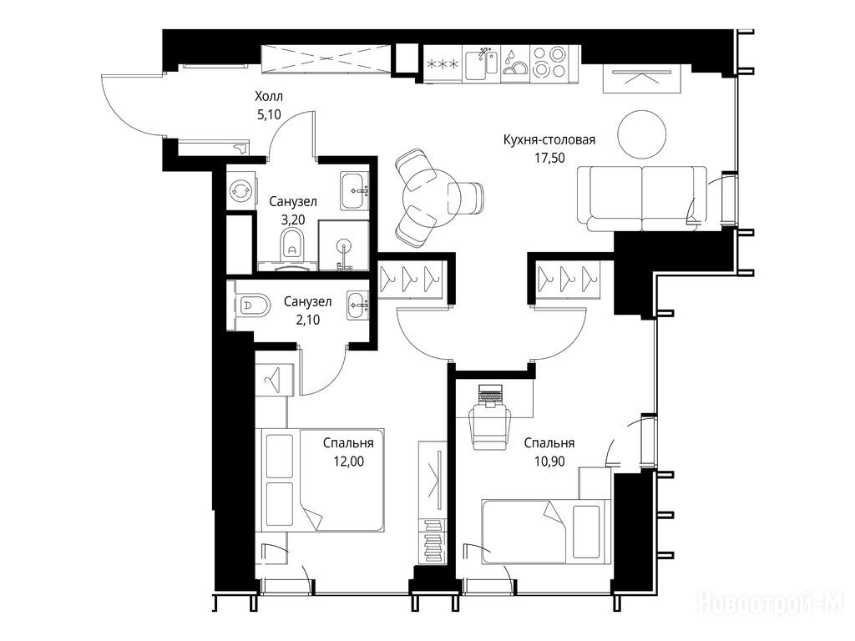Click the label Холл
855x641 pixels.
click(x=269, y=97)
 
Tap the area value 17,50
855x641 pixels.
click(x=549, y=158)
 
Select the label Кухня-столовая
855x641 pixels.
click(x=549, y=139)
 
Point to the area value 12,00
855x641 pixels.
click(x=348, y=462)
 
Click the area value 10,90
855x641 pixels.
click(x=549, y=462)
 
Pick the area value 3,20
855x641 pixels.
click(x=293, y=220)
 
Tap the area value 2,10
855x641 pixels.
click(x=307, y=320)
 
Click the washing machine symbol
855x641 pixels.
click(x=240, y=190)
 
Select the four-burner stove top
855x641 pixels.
click(x=549, y=63)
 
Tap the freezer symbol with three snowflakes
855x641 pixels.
click(x=443, y=63)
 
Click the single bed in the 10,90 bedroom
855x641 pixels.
click(x=546, y=532)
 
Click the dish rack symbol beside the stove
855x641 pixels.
click(x=514, y=63)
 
